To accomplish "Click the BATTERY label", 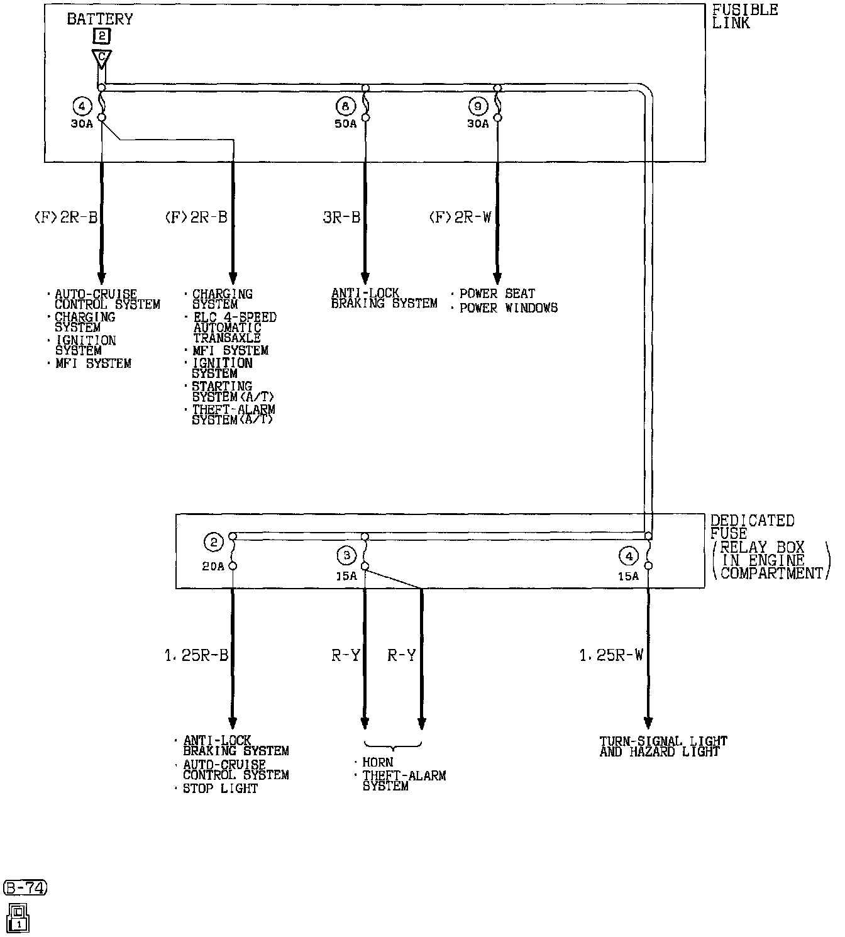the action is [99, 19].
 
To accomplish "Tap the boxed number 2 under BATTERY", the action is [101, 36].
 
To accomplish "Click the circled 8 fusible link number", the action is [346, 106].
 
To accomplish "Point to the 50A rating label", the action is [346, 124].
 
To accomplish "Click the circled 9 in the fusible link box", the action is [478, 106].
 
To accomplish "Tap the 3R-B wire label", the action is [341, 217].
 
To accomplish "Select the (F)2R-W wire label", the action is [460, 217].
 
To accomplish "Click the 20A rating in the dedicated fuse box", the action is [213, 567].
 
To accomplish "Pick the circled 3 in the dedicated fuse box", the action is [346, 555].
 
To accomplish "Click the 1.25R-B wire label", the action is [196, 655].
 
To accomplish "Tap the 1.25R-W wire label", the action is [612, 655].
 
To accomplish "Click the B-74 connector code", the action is [25, 887].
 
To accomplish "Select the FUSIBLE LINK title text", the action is [744, 16].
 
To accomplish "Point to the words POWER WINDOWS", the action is [508, 308].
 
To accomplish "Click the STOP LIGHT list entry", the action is [220, 789].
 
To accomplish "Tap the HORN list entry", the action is [378, 762].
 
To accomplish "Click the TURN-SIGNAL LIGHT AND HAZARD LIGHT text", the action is [663, 746].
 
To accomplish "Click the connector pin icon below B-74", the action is [18, 918].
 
